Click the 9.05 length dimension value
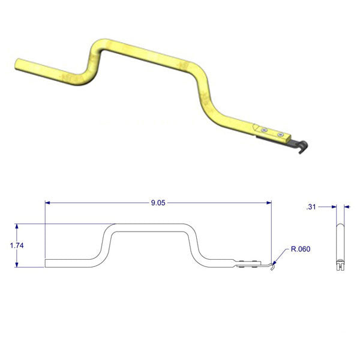[158, 203]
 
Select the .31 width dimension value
[311, 207]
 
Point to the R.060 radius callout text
[301, 248]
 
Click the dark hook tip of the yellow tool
[304, 146]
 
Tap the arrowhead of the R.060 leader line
[275, 262]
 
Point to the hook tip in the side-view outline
[272, 269]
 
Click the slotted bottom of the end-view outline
[340, 263]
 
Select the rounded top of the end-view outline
[340, 226]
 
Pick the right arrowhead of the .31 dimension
[346, 207]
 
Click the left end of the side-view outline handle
[46, 262]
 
